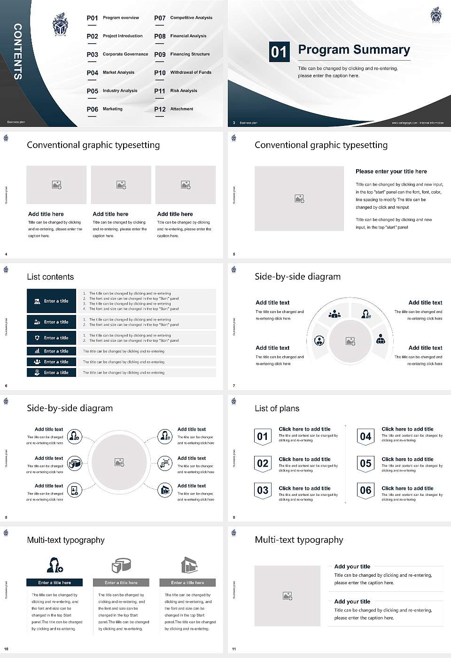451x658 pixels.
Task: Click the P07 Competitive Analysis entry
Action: [x=183, y=18]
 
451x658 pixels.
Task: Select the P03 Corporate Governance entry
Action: [x=117, y=55]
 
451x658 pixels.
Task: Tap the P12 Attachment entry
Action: [x=174, y=109]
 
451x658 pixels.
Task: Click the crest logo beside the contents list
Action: [x=60, y=24]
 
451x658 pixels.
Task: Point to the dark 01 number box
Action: [x=279, y=52]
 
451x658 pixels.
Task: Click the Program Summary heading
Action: [x=354, y=50]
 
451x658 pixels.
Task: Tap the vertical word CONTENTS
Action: [x=18, y=52]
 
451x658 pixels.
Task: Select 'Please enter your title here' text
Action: [x=391, y=172]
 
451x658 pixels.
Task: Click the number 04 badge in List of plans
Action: [x=365, y=437]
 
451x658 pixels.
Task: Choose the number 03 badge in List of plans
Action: [x=263, y=490]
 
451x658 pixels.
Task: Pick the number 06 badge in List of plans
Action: [x=365, y=490]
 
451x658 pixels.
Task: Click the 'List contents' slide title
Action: [x=50, y=277]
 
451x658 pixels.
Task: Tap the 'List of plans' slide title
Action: [x=277, y=408]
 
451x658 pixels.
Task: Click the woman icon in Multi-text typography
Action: [x=54, y=564]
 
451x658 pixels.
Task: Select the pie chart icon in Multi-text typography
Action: [x=121, y=565]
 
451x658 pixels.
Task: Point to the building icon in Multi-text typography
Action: [x=189, y=565]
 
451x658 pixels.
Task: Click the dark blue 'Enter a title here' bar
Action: [x=54, y=582]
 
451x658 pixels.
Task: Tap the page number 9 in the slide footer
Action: [x=234, y=517]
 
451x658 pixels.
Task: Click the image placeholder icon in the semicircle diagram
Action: [x=350, y=341]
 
